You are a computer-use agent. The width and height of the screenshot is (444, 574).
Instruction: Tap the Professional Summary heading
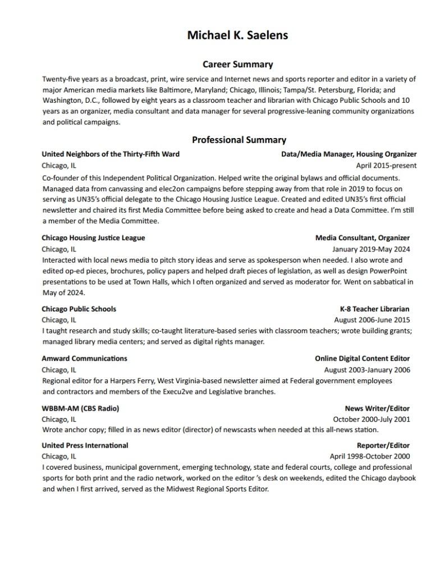pos(239,140)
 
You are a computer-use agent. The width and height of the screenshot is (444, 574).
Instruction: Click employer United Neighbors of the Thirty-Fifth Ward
pos(111,154)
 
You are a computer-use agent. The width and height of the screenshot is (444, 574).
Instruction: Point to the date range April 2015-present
pos(386,166)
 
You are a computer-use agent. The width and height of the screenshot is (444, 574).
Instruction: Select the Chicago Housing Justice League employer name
pos(93,238)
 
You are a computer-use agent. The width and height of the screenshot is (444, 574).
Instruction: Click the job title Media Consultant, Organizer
pos(362,238)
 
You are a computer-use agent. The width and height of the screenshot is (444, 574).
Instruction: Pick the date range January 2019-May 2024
pos(371,249)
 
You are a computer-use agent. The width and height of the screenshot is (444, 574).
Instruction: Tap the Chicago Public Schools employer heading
pos(79,309)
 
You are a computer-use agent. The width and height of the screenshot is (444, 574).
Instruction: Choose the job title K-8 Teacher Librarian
pos(374,309)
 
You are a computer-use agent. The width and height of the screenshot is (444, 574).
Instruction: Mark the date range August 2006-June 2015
pos(372,320)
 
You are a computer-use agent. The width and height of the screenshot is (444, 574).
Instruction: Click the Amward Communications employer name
pos(84,358)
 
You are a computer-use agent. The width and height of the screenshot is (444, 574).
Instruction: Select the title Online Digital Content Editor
pos(362,358)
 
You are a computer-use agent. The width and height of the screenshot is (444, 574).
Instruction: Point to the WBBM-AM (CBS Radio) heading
pos(80,408)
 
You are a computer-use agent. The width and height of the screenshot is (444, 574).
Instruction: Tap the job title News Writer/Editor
pos(377,408)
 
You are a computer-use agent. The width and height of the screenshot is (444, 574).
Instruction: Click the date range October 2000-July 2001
pos(371,419)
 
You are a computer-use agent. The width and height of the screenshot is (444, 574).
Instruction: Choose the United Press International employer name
pos(85,445)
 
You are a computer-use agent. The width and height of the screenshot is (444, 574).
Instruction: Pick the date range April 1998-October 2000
pos(369,456)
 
